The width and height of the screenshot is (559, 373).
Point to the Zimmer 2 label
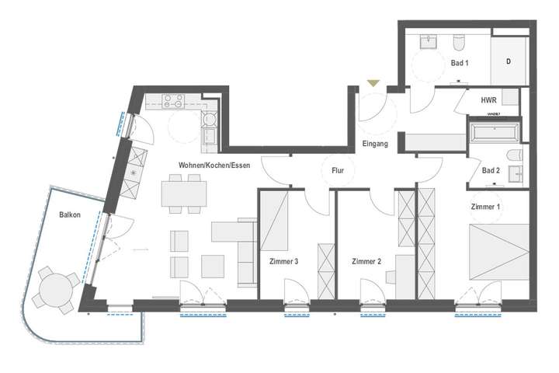tap(366, 261)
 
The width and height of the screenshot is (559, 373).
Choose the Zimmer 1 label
tap(486, 207)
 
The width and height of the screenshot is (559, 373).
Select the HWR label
tap(489, 100)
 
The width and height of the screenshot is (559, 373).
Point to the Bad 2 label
tap(491, 170)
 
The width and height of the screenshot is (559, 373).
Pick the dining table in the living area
tap(184, 193)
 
